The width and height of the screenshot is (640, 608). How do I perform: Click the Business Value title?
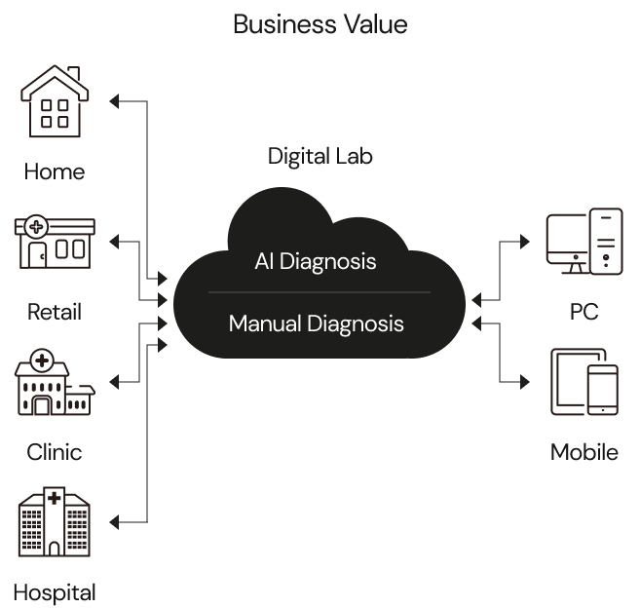pos(320,23)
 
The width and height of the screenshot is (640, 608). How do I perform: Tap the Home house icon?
pos(55,100)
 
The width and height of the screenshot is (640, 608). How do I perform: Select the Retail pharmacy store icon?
pos(55,242)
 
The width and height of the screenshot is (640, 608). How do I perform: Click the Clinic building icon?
pos(55,382)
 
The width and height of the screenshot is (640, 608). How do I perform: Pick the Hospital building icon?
pos(55,523)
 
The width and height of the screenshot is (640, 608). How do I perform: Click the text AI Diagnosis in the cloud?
pos(316,262)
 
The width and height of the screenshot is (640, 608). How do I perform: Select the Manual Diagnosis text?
pos(316,323)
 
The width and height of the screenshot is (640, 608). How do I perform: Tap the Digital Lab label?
pos(320,156)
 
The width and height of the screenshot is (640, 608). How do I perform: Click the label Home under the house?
pos(55,172)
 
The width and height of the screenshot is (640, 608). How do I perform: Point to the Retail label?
pos(55,313)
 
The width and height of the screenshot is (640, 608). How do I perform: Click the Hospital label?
pos(55,592)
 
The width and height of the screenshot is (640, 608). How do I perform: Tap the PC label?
pos(584,313)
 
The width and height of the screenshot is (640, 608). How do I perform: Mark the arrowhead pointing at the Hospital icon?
pos(116,523)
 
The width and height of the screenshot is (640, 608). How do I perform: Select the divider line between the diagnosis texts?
pos(319,292)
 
